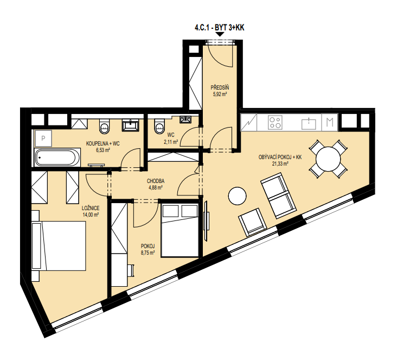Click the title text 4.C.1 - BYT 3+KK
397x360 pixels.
coord(219,27)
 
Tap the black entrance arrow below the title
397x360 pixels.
coord(220,34)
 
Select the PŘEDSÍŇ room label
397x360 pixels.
coord(220,88)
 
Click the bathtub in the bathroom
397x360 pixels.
coord(57,157)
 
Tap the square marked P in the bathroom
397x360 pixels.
coord(43,138)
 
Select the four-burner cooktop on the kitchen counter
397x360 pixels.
coord(275,123)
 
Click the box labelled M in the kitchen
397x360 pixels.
coord(330,123)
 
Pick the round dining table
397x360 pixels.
coord(328,159)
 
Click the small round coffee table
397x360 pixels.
coord(237,196)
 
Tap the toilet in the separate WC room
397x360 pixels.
coord(159,125)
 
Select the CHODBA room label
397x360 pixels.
coord(156,181)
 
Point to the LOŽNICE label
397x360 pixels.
coord(91,208)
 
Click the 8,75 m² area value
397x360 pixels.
coord(148,252)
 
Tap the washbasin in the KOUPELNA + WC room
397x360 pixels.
coord(130,125)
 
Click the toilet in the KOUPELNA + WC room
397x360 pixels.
coord(105,126)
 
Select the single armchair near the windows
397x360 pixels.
coord(252,222)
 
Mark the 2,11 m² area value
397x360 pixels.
coord(171,142)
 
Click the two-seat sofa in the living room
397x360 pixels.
coord(279,195)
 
